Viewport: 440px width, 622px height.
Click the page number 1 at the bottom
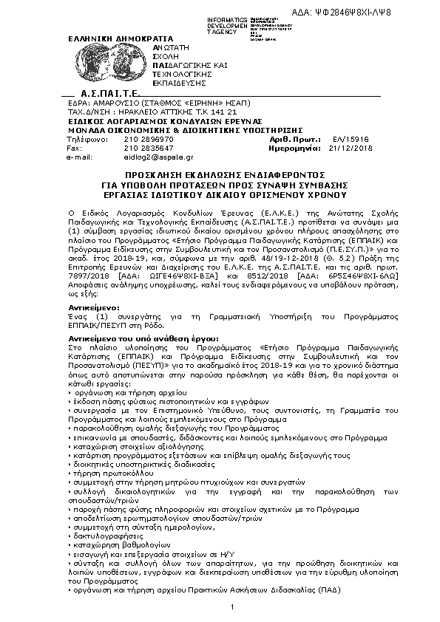coord(232,607)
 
